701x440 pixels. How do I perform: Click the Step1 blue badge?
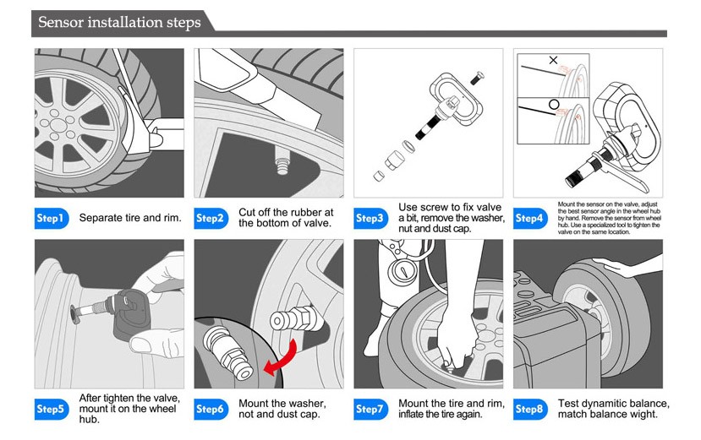[50, 218]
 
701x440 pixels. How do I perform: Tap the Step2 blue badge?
[211, 218]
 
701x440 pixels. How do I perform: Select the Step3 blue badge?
[370, 218]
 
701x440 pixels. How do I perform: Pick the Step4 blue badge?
[529, 218]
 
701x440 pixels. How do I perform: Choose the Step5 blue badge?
[50, 410]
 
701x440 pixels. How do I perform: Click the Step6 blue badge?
[211, 410]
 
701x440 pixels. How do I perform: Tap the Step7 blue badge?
[370, 410]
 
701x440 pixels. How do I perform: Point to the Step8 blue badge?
[529, 410]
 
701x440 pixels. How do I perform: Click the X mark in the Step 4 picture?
[554, 61]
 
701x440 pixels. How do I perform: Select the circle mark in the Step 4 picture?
[555, 105]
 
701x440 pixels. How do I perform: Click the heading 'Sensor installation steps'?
[119, 21]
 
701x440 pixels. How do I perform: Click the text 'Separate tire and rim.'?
[130, 218]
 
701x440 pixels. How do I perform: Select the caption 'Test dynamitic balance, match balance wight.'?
[613, 409]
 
